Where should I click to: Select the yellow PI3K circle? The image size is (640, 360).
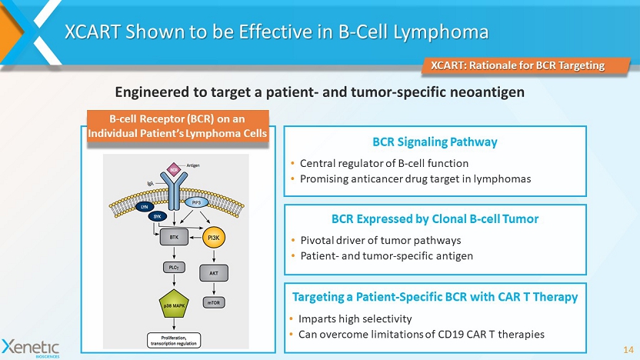[x=213, y=239]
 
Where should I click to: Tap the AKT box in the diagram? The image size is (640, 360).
[x=213, y=272]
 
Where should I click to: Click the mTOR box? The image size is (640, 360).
[x=213, y=302]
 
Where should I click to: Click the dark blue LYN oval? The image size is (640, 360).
[x=143, y=207]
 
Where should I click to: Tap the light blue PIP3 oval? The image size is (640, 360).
[x=198, y=203]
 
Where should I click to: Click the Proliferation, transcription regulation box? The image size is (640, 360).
[x=173, y=339]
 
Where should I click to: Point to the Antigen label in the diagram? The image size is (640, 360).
[x=194, y=165]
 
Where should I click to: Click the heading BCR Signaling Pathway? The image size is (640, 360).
[x=435, y=142]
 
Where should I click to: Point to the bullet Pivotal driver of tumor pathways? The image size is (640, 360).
[x=380, y=240]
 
